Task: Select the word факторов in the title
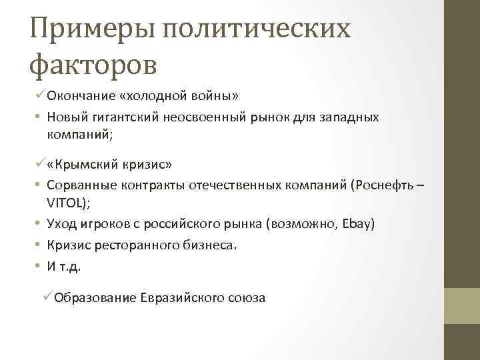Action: pos(94,65)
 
